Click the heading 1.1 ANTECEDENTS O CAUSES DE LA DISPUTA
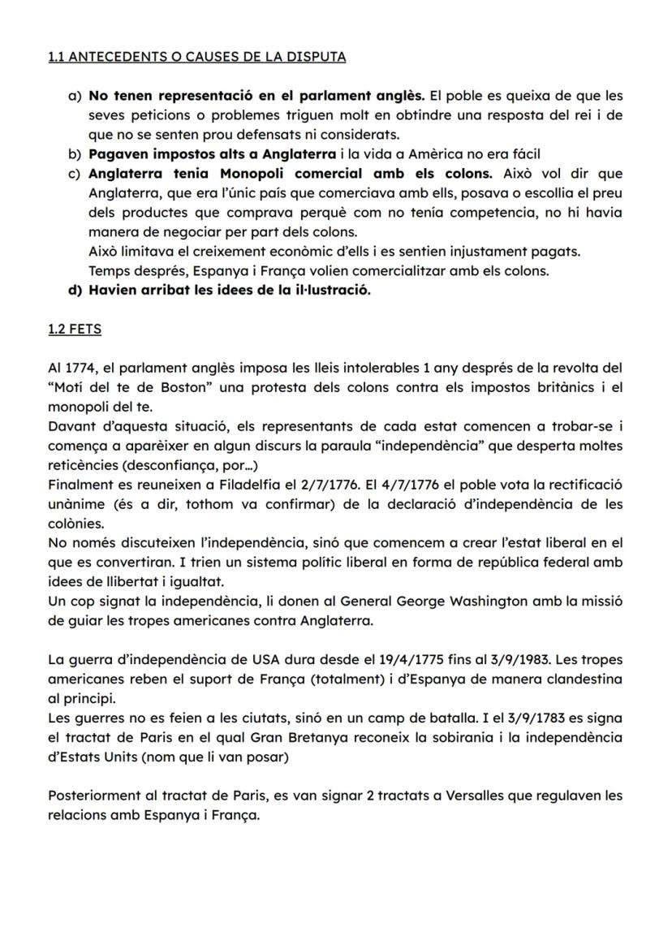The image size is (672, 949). (197, 57)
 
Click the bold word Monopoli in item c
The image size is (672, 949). (255, 174)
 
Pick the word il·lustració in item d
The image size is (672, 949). (329, 291)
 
